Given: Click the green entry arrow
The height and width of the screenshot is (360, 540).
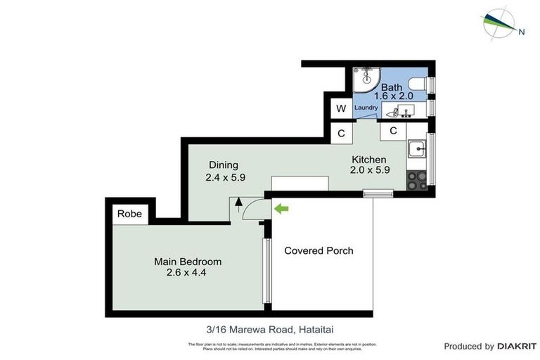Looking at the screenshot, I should click(x=281, y=208).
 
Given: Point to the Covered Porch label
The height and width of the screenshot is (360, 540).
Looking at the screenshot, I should click(x=318, y=250).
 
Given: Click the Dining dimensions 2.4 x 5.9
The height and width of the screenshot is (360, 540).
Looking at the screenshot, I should click(x=225, y=178).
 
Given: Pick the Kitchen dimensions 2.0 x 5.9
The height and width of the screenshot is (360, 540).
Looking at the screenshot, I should click(x=371, y=169).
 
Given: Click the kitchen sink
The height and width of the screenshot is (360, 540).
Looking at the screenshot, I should click(x=416, y=149).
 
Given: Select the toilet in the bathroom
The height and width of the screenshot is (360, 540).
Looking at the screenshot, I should click(x=418, y=86).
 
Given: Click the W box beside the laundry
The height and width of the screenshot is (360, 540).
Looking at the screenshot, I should click(x=341, y=108).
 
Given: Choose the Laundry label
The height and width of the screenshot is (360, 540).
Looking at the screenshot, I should click(x=366, y=108).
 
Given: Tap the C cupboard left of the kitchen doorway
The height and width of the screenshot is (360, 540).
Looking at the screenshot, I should click(x=341, y=133).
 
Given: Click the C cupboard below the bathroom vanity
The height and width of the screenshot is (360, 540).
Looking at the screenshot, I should click(x=393, y=130).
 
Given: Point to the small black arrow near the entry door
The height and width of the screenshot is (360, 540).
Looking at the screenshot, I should click(x=238, y=202).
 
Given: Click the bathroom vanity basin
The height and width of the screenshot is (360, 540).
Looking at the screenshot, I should click(x=404, y=111).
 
